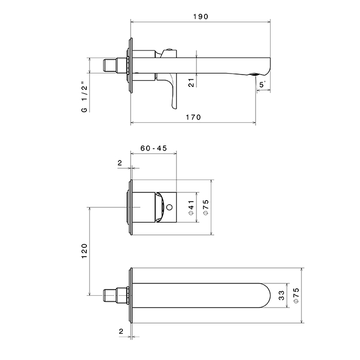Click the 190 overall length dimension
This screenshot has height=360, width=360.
(x=201, y=16)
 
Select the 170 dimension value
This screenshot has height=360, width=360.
(x=193, y=117)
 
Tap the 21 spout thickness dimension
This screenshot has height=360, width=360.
(x=191, y=82)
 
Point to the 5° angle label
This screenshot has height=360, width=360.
(x=262, y=84)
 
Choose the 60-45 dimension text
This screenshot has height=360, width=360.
(x=153, y=148)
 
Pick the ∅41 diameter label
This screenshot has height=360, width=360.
(x=191, y=207)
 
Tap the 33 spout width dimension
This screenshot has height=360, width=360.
(x=281, y=296)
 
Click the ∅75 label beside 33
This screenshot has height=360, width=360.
(x=296, y=296)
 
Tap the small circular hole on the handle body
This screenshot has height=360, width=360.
(x=169, y=208)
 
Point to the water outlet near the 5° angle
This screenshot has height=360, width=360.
(x=254, y=76)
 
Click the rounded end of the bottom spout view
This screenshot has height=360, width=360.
(x=265, y=296)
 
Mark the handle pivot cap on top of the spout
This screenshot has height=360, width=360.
(x=168, y=51)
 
